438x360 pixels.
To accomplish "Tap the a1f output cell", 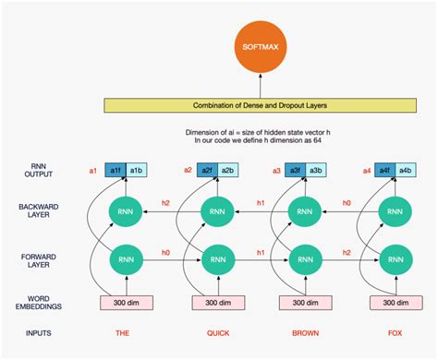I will [x=116, y=171].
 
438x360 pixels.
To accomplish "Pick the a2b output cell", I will [x=226, y=171].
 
